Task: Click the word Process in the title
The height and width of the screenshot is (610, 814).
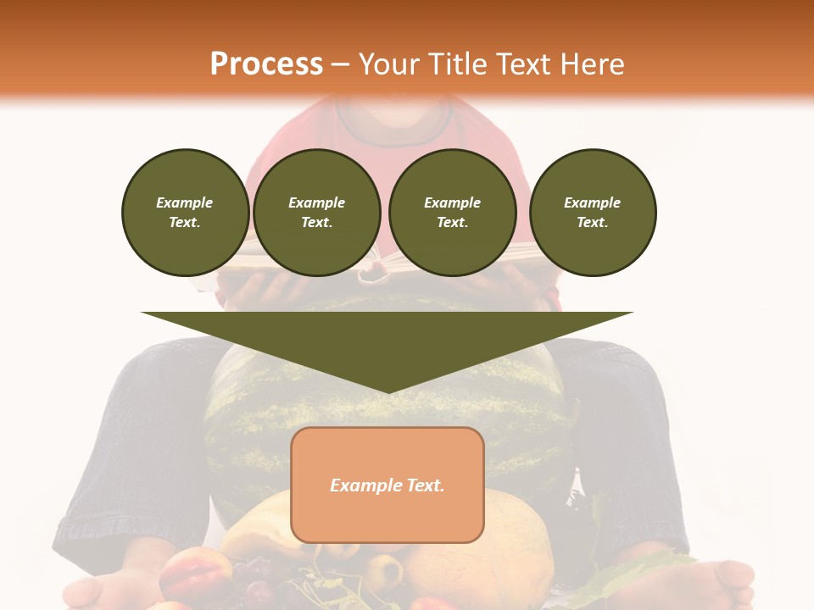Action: point(266,64)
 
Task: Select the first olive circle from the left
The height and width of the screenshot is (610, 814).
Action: point(185,212)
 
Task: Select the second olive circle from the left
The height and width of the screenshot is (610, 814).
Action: point(317,212)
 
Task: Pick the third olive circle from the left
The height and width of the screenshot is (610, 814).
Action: point(452,212)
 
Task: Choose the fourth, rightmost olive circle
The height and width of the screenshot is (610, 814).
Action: point(593,212)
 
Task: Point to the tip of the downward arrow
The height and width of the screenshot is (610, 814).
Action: point(387,391)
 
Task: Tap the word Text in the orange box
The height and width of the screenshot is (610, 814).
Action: point(426,485)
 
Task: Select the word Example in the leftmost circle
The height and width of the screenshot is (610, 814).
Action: point(185,202)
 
